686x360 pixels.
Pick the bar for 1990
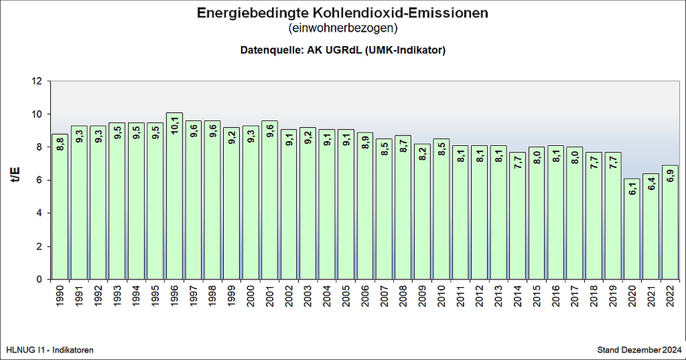tap(60, 207)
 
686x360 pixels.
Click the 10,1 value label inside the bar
tap(175, 127)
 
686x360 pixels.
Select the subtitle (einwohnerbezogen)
tap(343, 29)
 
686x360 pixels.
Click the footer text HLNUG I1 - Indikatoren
tap(49, 350)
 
